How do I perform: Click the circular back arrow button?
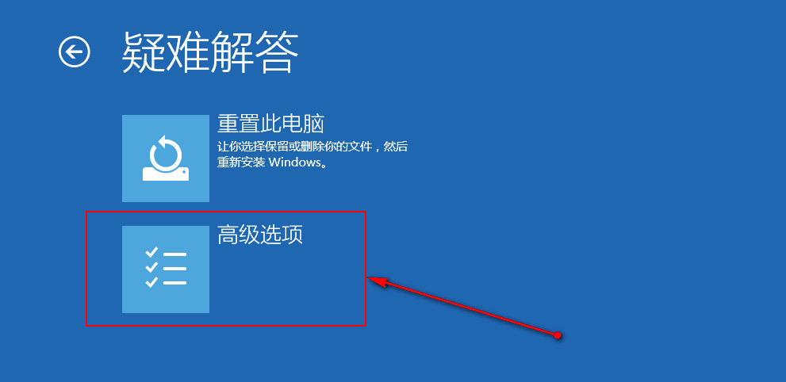point(75,52)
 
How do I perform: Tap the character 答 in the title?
point(278,52)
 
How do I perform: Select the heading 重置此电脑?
point(270,124)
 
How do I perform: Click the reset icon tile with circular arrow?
point(166,159)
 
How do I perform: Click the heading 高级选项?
point(260,235)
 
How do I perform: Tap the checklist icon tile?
point(166,269)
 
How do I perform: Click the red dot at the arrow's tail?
point(558,335)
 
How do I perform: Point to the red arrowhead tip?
point(367,278)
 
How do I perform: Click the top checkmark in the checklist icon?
point(151,252)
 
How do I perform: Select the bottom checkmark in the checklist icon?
point(151,282)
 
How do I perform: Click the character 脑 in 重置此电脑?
point(314,124)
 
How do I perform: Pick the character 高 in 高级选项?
point(228,235)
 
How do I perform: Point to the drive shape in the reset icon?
point(166,174)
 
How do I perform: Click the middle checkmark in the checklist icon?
point(151,267)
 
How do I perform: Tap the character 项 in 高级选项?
point(293,235)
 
